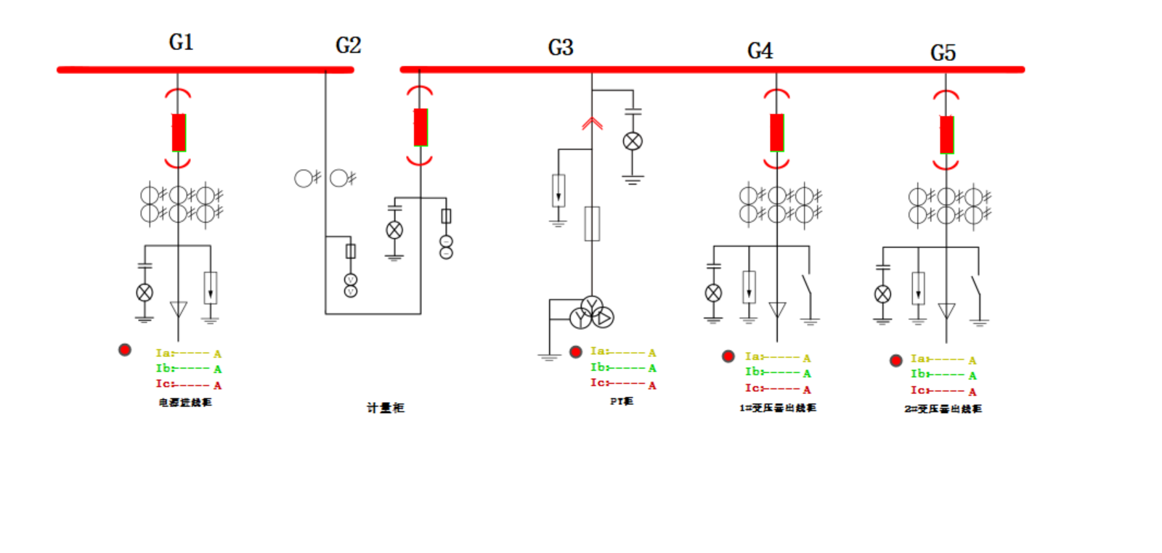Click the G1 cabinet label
point(181,42)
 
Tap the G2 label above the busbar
point(348,46)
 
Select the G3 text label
point(560,48)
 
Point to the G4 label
point(760,51)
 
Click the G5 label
point(943,53)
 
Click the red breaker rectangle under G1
point(179,132)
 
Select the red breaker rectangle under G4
point(777,132)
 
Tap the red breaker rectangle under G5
point(946,134)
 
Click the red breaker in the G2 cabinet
point(420,127)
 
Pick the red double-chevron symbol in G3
point(592,123)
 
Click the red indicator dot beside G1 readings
point(125,350)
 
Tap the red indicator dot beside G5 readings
point(896,360)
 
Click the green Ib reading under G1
point(188,369)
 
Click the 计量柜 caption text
point(385,408)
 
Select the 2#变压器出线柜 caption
point(943,409)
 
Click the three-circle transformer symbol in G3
point(592,313)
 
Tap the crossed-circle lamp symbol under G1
point(145,292)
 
